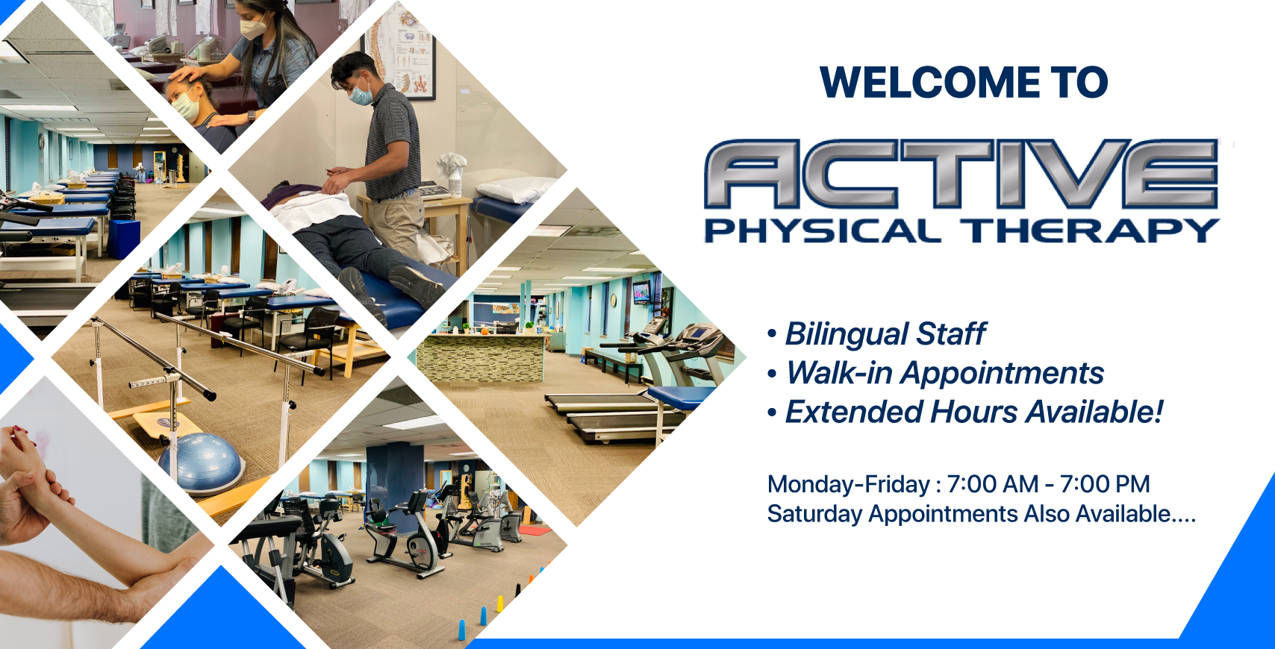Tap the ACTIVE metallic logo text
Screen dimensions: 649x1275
[x=961, y=175]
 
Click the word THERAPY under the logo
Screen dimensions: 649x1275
[x=1090, y=231]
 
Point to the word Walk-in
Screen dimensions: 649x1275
[x=839, y=373]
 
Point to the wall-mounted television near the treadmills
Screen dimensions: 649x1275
[x=641, y=292]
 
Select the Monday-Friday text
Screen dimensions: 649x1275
[x=848, y=484]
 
